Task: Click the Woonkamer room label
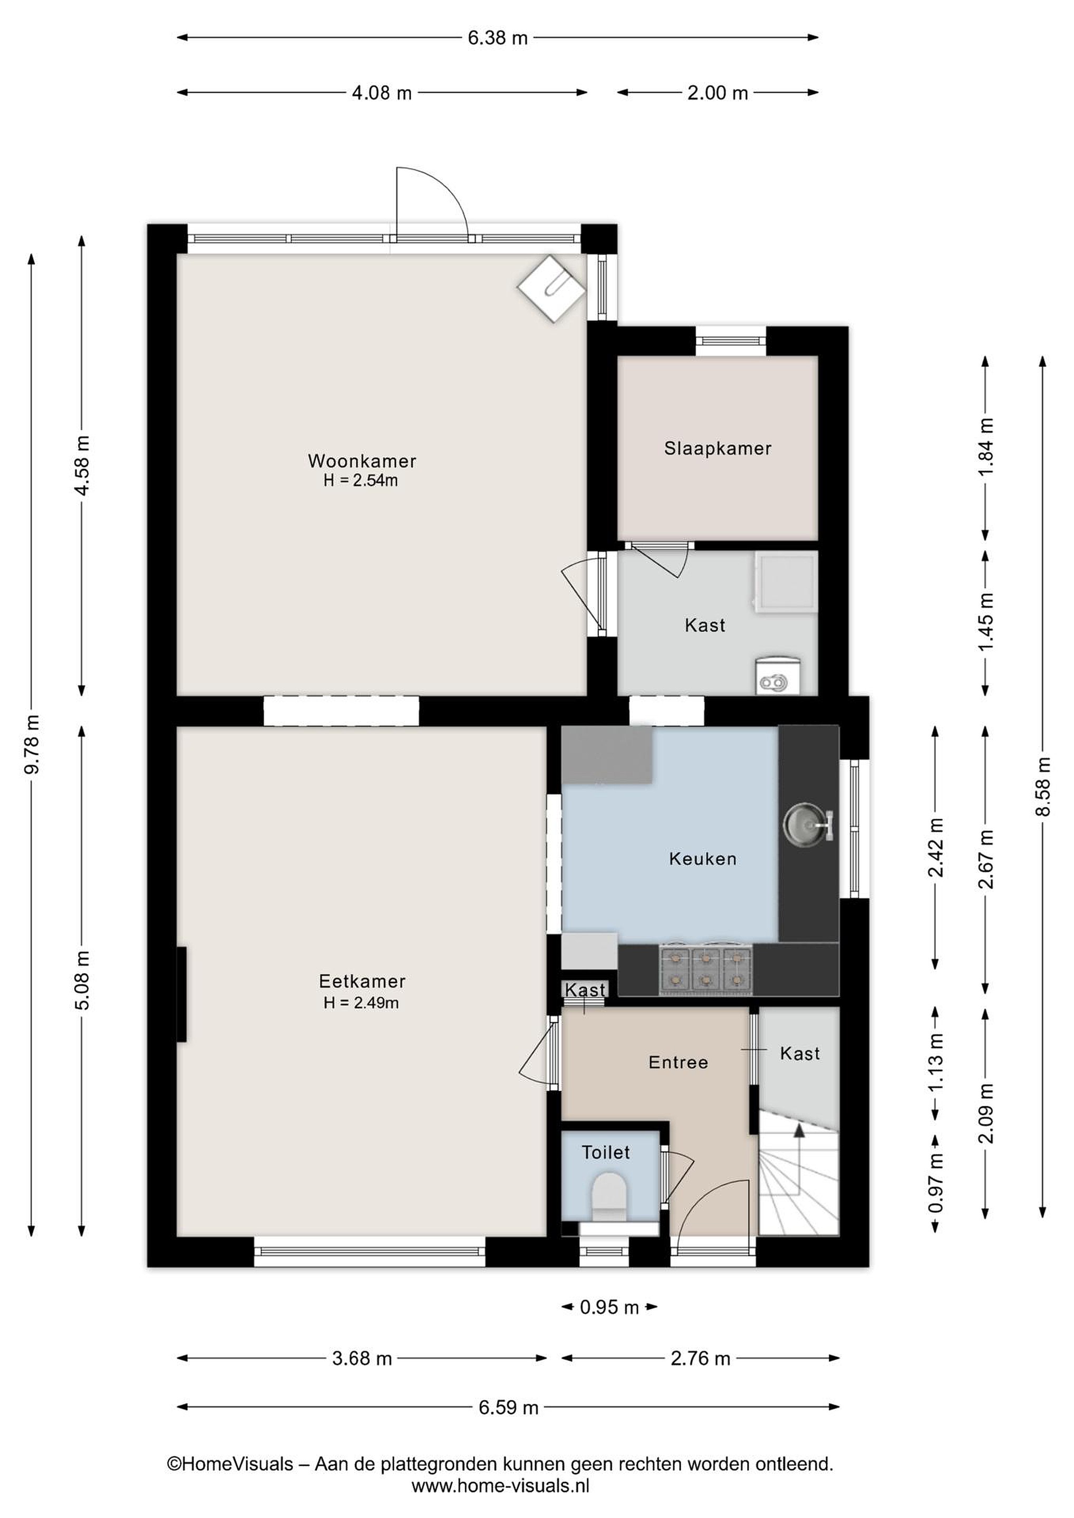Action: [x=362, y=460]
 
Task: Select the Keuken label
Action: [x=702, y=859]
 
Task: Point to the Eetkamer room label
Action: [x=362, y=981]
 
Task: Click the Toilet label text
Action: [x=605, y=1152]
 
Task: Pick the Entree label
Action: [x=678, y=1063]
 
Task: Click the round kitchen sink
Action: [x=806, y=824]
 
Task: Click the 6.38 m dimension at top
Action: [x=497, y=37]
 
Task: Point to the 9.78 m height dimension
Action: [x=32, y=744]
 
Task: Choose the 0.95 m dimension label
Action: [x=609, y=1307]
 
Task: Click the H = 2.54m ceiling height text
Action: [x=361, y=481]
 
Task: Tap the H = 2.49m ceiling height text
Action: [x=361, y=1003]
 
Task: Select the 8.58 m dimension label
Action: [x=1043, y=786]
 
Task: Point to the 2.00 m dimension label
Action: [x=718, y=93]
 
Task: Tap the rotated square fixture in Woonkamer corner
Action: [x=551, y=288]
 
